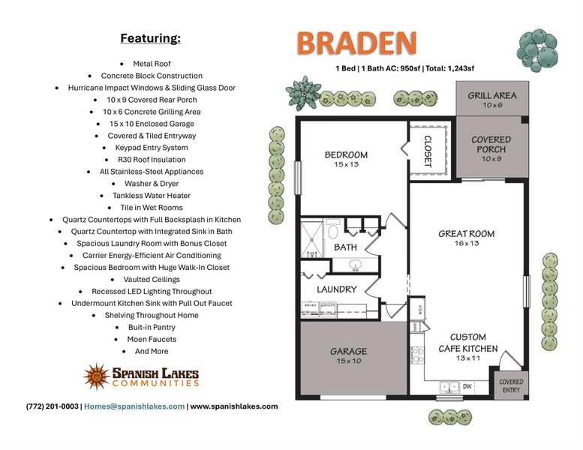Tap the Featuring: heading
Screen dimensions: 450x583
[150, 38]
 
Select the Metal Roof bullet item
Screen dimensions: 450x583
[152, 64]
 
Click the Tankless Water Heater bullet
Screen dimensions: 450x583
[152, 196]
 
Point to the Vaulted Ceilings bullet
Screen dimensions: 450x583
[152, 280]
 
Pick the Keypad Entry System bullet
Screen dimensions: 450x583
[152, 148]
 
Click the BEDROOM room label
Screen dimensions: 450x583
[346, 155]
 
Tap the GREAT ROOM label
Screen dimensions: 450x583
[466, 234]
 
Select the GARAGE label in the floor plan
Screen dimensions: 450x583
[349, 351]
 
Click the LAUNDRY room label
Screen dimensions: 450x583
[336, 289]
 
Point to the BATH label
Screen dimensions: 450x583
[345, 247]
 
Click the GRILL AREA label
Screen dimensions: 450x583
[491, 96]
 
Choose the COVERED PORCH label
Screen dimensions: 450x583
[491, 144]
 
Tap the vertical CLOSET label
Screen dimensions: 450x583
[428, 151]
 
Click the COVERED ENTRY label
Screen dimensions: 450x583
[511, 385]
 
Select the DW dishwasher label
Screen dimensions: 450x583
[467, 387]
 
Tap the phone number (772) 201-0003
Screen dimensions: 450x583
[52, 406]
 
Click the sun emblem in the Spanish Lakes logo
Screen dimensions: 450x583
[97, 376]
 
